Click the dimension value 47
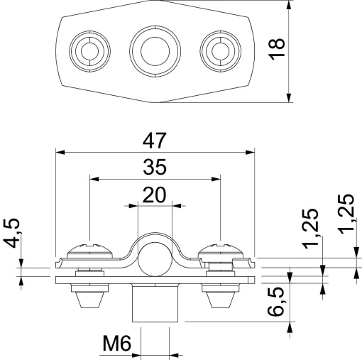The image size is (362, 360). tap(155, 139)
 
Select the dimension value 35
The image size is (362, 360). tap(155, 168)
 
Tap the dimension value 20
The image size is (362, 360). tap(153, 194)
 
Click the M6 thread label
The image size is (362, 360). tap(116, 346)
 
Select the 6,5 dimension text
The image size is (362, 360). tap(279, 303)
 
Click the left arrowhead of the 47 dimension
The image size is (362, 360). tap(59, 151)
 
